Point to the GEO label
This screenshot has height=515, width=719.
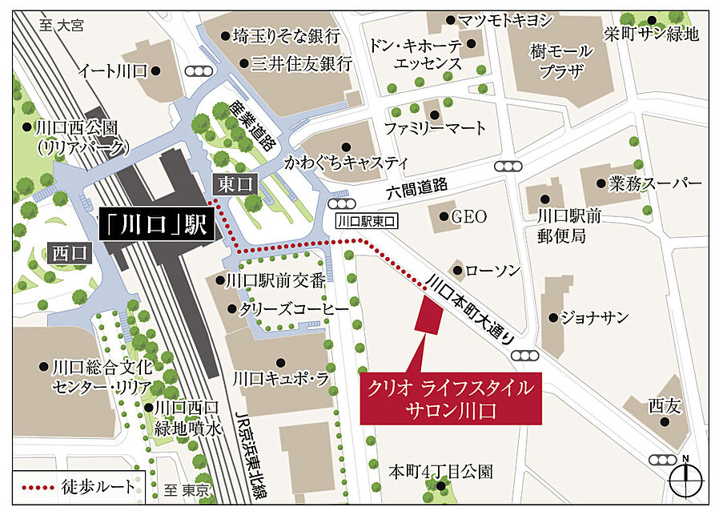[469, 217]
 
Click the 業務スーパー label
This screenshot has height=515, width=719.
[654, 183]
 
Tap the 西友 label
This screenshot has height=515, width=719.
[665, 406]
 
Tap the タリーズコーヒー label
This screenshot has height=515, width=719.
[295, 308]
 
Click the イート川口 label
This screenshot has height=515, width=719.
[112, 70]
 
